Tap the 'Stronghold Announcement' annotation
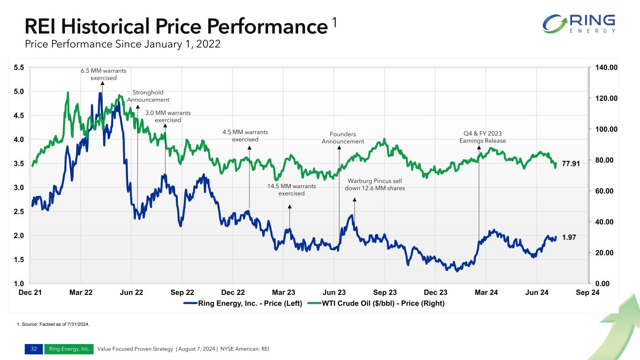148,96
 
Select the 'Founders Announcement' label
343,138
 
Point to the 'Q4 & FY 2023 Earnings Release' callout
482,137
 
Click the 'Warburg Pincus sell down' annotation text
375,184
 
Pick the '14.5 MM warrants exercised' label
291,189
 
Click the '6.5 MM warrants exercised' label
104,74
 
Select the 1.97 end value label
569,238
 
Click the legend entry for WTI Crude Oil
383,303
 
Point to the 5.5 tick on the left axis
19,67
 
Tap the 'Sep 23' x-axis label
384,292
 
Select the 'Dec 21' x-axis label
30,292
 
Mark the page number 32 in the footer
33,349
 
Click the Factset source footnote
53,324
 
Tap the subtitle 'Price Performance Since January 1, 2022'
122,45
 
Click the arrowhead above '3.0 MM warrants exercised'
165,126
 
